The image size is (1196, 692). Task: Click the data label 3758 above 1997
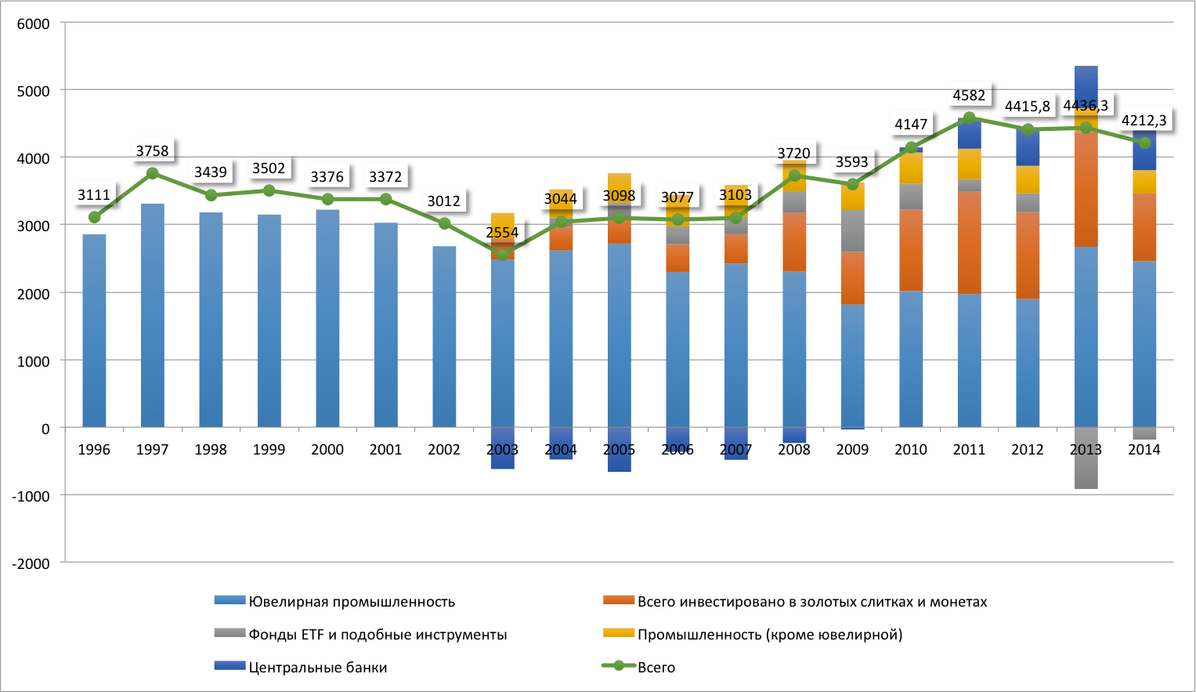coord(152,150)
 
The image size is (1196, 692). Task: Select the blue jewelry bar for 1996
coord(94,329)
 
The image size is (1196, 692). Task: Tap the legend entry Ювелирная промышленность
coord(352,602)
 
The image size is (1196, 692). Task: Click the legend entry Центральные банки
coord(317,668)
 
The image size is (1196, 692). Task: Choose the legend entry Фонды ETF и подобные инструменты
coord(378,635)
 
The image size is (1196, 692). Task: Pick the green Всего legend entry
coord(656,668)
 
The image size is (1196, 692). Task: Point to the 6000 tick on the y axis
coord(34,24)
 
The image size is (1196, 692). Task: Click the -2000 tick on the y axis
coord(31,563)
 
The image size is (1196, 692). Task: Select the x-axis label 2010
coord(910,450)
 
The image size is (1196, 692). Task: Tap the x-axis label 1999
coord(269,450)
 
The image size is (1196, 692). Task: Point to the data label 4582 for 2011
coord(969,96)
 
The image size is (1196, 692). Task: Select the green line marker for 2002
coord(444,223)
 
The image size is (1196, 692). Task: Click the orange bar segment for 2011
coord(969,243)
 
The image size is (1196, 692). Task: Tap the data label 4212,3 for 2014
coord(1144,121)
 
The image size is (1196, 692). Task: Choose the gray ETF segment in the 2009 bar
coord(852,230)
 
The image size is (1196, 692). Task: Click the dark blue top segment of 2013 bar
coord(1086,82)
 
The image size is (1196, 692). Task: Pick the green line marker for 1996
coord(94,217)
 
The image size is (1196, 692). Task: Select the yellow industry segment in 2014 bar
coord(1144,182)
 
